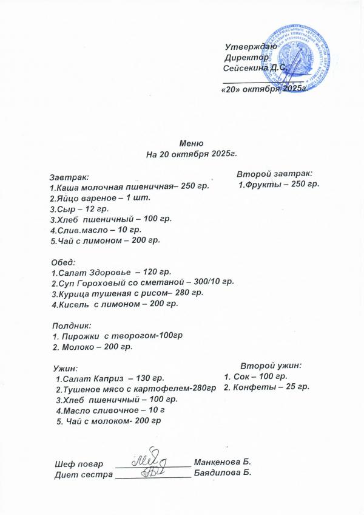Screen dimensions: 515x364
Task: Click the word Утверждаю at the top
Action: pos(251,47)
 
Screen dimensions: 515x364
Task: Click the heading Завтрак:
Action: pos(69,177)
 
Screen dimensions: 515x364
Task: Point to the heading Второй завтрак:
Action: pos(274,173)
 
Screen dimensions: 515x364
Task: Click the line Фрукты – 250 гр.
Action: pos(278,184)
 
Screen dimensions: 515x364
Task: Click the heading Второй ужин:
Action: pos(271,366)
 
